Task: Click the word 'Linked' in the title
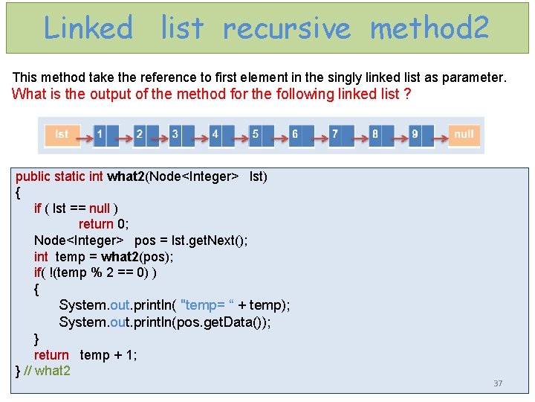tap(88, 28)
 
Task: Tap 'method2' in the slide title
tap(429, 28)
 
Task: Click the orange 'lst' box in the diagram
tap(62, 135)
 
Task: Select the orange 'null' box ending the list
tap(464, 135)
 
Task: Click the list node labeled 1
tap(100, 135)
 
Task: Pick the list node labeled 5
tap(255, 135)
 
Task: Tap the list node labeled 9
tap(415, 135)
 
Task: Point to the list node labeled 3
tap(175, 135)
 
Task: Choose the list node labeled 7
tap(335, 135)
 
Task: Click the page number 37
tap(498, 383)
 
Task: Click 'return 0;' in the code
tap(106, 224)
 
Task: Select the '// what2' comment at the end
tap(48, 371)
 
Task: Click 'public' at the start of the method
tap(33, 176)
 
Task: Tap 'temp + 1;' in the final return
tap(108, 355)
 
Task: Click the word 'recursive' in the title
tap(286, 28)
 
